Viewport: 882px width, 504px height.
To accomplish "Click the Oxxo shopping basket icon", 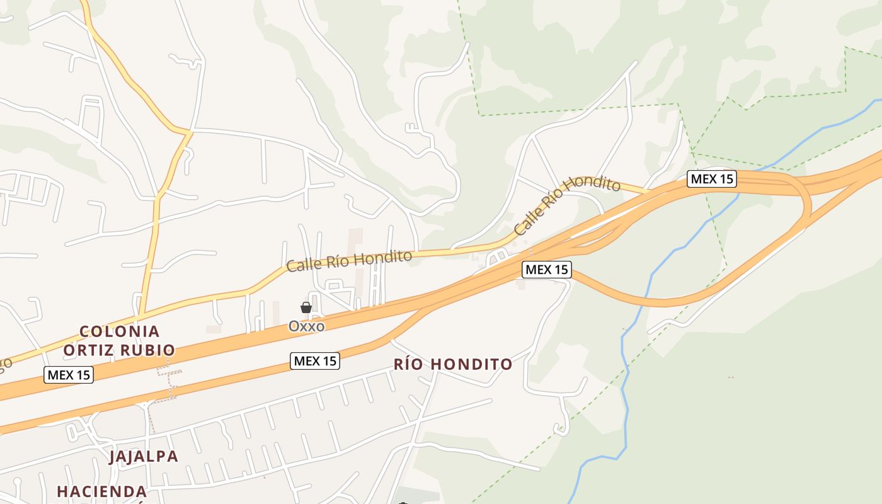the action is click(306, 307).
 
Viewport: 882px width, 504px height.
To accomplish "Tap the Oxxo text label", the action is click(306, 326).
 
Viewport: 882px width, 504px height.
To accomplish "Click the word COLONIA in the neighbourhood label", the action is click(120, 331).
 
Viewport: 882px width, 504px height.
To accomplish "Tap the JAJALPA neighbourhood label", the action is click(144, 456).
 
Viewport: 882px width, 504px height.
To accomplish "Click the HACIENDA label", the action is click(102, 491).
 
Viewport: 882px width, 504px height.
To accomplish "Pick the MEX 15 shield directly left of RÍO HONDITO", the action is click(315, 361).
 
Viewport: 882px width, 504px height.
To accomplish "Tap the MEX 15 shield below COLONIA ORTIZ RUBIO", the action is click(69, 375).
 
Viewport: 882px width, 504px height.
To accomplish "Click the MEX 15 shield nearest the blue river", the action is click(712, 179).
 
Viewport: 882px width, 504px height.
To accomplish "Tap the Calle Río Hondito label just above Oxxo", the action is click(349, 260).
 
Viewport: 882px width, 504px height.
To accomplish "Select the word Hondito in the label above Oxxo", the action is click(386, 257).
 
